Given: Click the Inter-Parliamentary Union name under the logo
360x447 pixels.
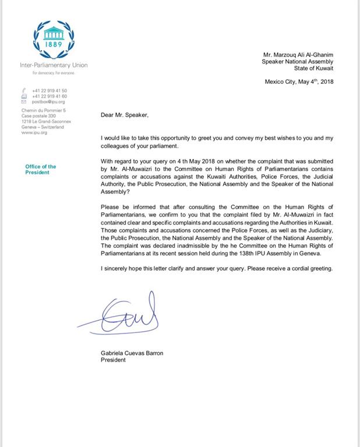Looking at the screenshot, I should tap(54, 65).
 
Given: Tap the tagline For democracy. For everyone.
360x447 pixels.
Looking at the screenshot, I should tap(53, 73).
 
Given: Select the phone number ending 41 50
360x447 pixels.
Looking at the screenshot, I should tap(50, 91).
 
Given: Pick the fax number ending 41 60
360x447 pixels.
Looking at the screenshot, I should tap(50, 96).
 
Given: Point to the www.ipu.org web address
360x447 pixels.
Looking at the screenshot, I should tap(34, 133).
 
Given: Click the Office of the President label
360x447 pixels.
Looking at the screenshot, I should tap(41, 169).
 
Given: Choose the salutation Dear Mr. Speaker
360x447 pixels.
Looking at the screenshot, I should tap(124, 115).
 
